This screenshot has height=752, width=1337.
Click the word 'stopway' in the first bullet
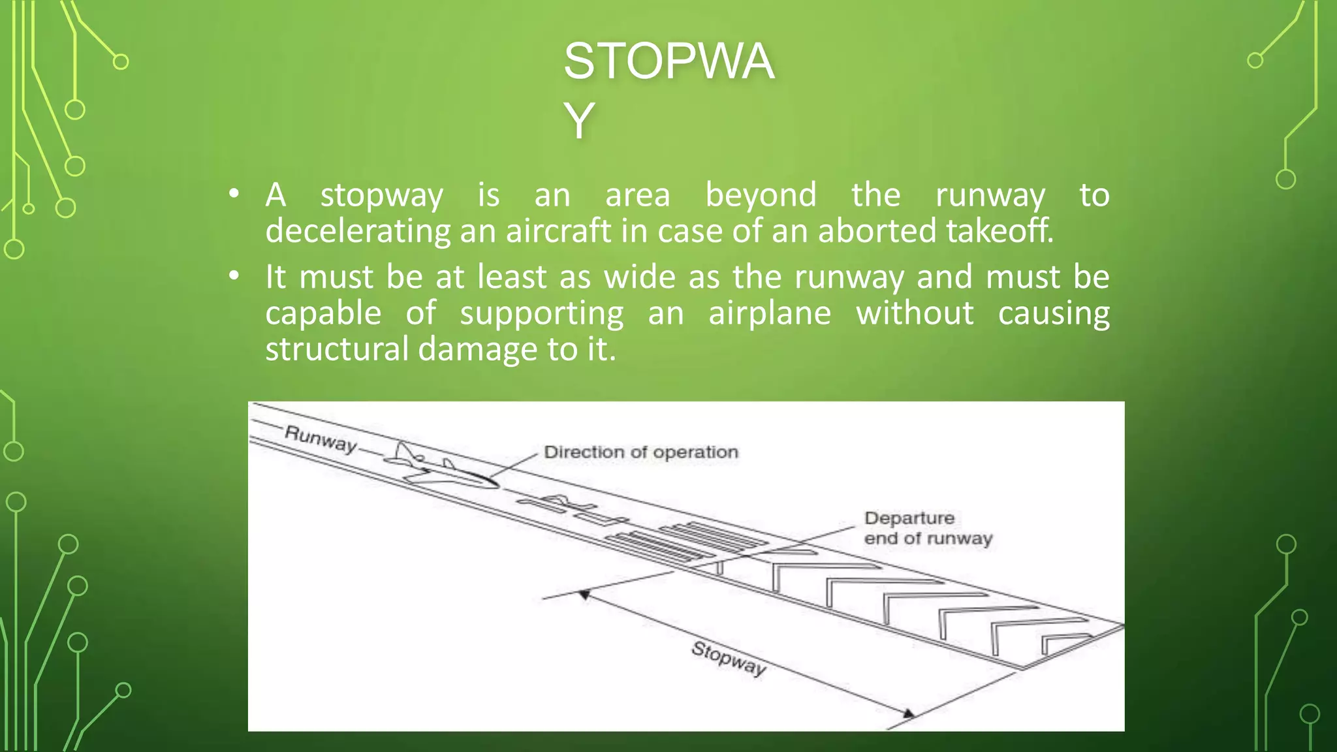382,196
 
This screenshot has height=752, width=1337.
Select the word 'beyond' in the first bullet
761,195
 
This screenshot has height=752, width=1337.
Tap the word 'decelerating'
358,231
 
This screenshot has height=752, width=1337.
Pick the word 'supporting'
541,314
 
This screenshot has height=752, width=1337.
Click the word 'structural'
337,349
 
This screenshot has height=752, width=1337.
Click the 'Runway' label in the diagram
321,438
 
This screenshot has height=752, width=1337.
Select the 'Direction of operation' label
640,452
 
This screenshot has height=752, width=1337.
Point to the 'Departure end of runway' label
928,528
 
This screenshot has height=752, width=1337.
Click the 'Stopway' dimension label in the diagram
729,658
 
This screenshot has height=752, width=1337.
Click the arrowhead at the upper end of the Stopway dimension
585,595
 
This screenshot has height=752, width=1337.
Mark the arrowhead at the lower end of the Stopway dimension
907,713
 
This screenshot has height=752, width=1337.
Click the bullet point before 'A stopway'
234,194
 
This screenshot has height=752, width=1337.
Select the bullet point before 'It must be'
234,276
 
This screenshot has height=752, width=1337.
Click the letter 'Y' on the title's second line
579,121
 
